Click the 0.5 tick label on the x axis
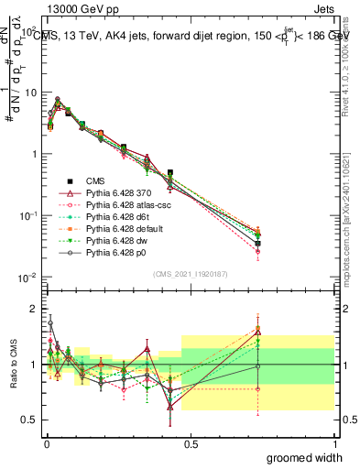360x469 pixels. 191,444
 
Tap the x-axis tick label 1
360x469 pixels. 334,444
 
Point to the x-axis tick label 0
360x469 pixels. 46,444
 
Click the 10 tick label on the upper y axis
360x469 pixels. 29,93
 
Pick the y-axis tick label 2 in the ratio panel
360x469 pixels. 33,309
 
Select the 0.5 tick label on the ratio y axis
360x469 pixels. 29,420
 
